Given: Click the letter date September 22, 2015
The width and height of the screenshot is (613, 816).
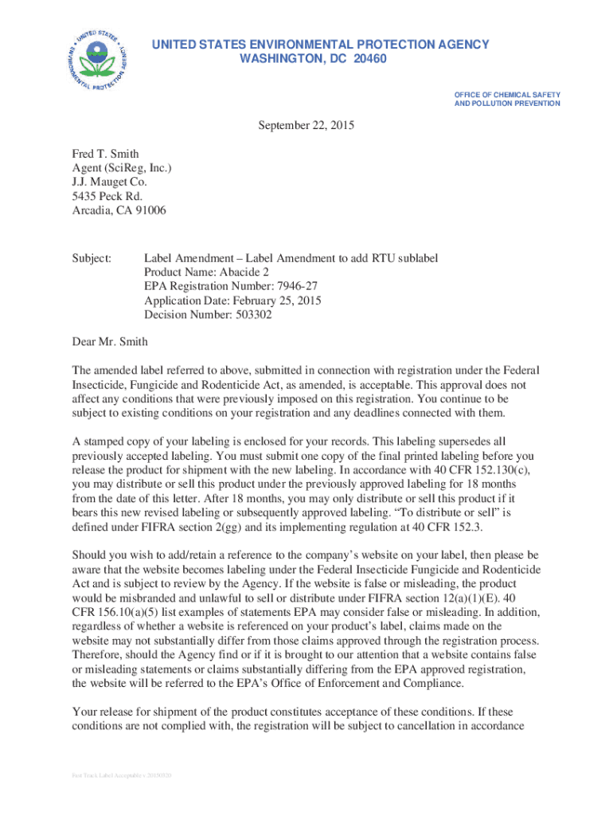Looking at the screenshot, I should click(x=306, y=125).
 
